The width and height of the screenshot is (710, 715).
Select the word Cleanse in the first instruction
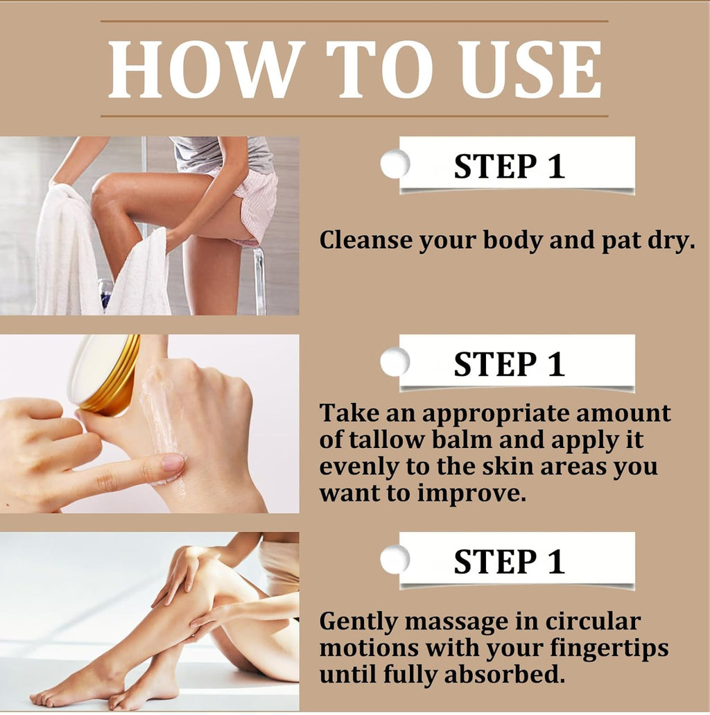click(x=365, y=240)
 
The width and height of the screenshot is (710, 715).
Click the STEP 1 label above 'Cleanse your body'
click(x=509, y=166)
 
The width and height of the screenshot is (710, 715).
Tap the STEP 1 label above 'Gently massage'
click(x=509, y=562)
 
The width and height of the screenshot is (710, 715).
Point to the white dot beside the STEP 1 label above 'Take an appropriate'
click(x=395, y=362)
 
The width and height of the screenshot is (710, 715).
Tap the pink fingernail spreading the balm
click(x=173, y=463)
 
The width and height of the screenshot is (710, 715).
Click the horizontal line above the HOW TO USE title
click(x=354, y=21)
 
